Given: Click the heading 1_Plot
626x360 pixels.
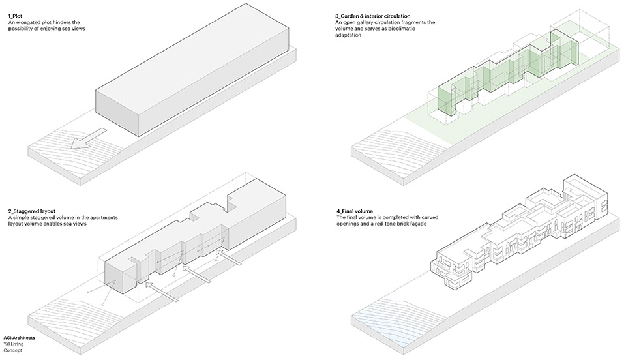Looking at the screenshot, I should (16, 16).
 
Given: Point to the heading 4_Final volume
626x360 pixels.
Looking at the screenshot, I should (350, 211).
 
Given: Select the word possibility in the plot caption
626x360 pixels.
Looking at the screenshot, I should (22, 29).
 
